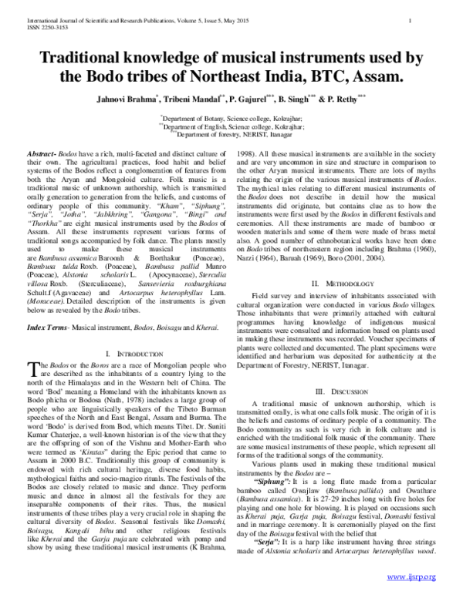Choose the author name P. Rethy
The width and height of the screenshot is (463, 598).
click(x=366, y=99)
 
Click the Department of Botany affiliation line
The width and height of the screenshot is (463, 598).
click(x=231, y=121)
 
